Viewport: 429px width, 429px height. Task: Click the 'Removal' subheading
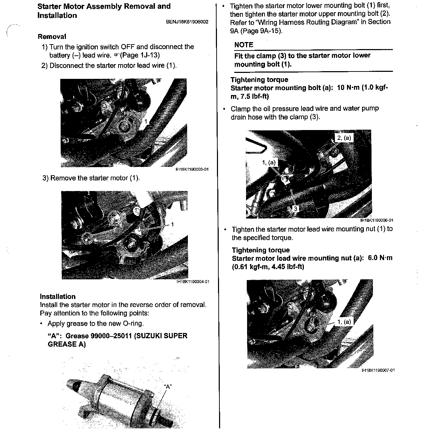(x=52, y=36)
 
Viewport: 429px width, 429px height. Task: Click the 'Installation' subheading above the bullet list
(x=57, y=297)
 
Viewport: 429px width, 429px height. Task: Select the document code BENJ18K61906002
(x=187, y=22)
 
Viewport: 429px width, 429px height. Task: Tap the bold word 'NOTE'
(x=244, y=45)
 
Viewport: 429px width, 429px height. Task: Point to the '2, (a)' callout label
(x=343, y=138)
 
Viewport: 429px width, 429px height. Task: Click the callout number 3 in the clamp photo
(x=295, y=209)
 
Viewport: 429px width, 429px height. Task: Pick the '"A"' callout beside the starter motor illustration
(x=168, y=387)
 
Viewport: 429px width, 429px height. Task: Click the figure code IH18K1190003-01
(x=192, y=170)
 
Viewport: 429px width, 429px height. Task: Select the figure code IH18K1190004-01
(x=193, y=282)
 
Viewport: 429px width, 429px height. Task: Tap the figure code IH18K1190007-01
(x=378, y=370)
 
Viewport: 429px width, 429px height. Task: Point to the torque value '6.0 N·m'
(x=380, y=258)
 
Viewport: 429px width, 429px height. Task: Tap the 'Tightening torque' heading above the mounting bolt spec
(x=259, y=80)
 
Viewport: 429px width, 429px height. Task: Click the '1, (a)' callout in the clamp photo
(x=269, y=162)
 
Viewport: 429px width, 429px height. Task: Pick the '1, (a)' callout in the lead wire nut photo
(x=344, y=322)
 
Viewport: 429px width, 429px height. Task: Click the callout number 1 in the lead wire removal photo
(x=146, y=121)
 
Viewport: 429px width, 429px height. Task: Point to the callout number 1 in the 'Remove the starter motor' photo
(x=172, y=224)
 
